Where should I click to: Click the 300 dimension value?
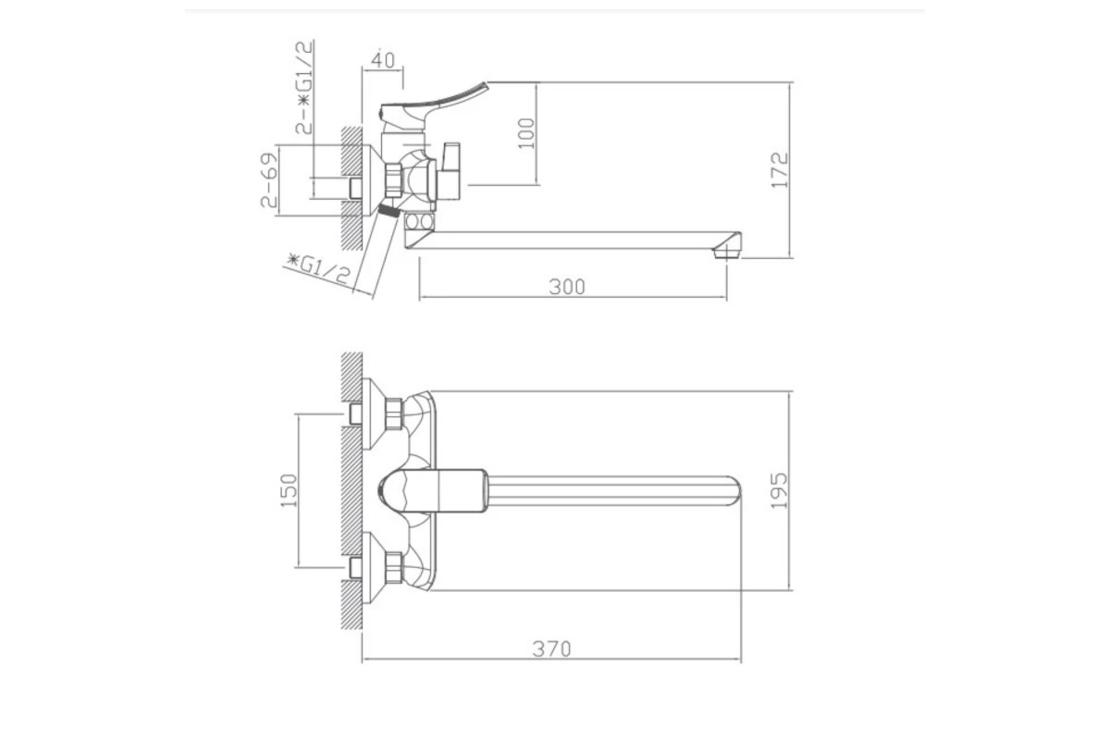point(567,287)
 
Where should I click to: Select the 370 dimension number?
point(551,648)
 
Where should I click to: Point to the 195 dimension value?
point(779,490)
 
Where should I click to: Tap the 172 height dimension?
point(780,170)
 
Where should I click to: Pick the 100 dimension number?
point(526,133)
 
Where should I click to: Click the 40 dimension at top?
point(383,60)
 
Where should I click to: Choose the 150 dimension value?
point(289,490)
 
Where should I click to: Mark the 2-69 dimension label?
point(269,180)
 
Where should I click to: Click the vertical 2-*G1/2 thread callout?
point(304,88)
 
